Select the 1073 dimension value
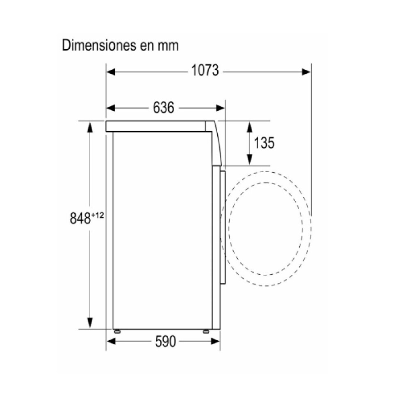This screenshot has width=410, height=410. tap(205, 71)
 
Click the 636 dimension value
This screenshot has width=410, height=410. tap(164, 107)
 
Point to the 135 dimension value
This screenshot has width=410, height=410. tap(264, 143)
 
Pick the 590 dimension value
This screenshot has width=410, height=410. tap(166, 342)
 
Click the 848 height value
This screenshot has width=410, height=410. tap(80, 218)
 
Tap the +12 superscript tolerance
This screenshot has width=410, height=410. tap(97, 215)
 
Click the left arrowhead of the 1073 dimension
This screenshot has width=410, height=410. tap(111, 72)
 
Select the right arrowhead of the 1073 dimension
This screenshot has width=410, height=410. tap(306, 72)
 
